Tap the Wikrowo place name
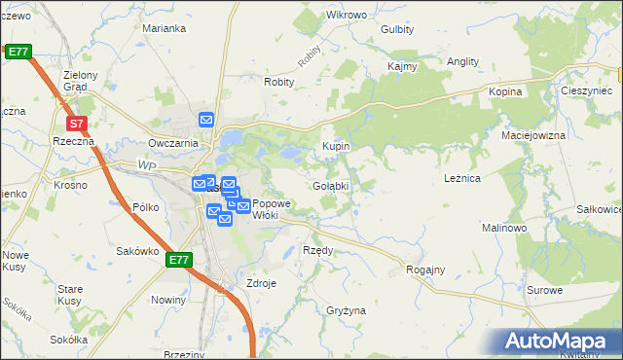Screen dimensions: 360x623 [x=346, y=16]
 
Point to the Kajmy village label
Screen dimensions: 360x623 [x=402, y=67]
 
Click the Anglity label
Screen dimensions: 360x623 [x=462, y=61]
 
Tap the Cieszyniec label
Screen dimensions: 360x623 [x=585, y=90]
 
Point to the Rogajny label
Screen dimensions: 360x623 [x=425, y=270]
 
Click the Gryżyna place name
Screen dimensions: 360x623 [x=346, y=310]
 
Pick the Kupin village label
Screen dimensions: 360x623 [x=336, y=146]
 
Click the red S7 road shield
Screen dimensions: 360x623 [x=77, y=125]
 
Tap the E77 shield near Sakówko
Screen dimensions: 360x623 [x=178, y=260]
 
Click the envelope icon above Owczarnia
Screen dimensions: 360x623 [x=206, y=120]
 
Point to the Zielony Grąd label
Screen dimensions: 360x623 [x=81, y=81]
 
